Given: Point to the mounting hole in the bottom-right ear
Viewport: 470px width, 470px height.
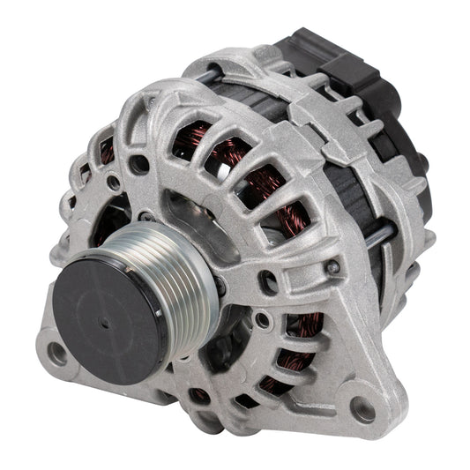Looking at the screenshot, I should [x=361, y=407].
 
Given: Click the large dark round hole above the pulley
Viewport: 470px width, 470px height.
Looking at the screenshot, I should [x=139, y=163].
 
